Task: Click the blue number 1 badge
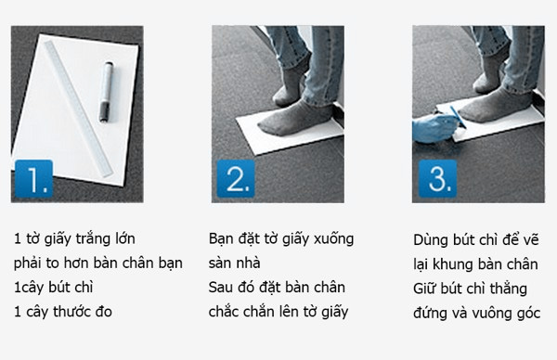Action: click(33, 178)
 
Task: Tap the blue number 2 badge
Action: click(236, 178)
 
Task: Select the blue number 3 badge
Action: click(437, 178)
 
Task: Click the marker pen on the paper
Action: click(106, 92)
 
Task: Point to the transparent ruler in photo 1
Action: click(79, 109)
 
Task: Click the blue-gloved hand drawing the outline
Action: click(434, 128)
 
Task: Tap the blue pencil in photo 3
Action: click(459, 117)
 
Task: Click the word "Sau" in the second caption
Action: click(220, 288)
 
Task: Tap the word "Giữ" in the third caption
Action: click(424, 289)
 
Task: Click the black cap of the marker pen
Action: click(104, 112)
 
